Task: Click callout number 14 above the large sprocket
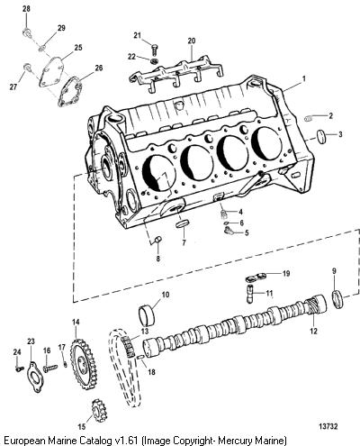pos(76,322)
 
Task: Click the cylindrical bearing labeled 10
pos(148,315)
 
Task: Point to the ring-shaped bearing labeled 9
pos(337,299)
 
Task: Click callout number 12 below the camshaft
pos(314,331)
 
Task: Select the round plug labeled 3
pos(321,135)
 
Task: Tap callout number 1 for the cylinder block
pos(304,78)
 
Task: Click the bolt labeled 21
pos(155,50)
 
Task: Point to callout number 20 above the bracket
pos(192,41)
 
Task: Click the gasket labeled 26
pos(69,91)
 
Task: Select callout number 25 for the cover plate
pos(78,48)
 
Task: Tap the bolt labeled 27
pos(28,67)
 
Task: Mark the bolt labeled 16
pos(49,368)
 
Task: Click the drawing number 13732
pos(328,426)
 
